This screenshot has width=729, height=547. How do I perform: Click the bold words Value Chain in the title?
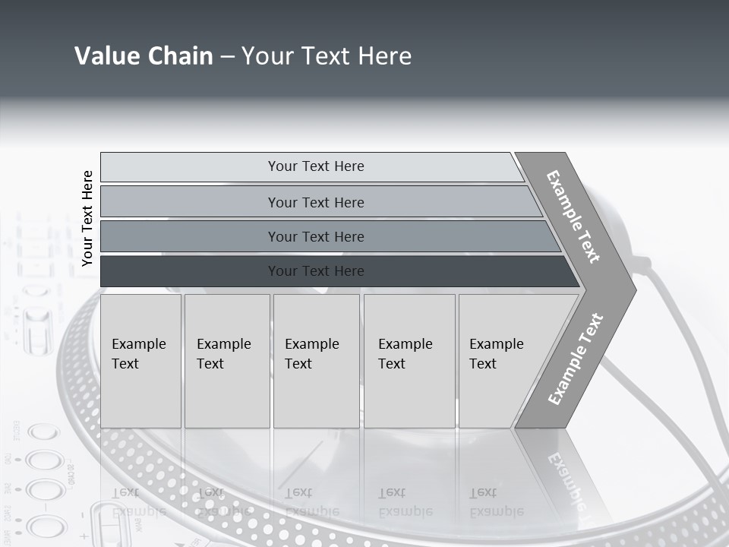[144, 56]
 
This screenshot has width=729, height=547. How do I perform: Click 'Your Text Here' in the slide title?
[327, 56]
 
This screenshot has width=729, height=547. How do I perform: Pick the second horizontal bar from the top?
[190, 202]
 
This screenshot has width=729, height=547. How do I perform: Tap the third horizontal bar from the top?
[190, 237]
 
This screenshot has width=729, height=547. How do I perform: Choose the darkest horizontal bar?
[190, 271]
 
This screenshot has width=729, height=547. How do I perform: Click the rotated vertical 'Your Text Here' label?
[87, 218]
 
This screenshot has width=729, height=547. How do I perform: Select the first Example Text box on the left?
[140, 361]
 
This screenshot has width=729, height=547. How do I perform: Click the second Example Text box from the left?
[227, 361]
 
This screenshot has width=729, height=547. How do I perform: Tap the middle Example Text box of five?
[316, 361]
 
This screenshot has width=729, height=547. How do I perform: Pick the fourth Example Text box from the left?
[409, 361]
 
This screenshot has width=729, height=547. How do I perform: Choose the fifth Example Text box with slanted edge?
[501, 361]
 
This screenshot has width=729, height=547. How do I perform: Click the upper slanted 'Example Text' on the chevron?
[573, 217]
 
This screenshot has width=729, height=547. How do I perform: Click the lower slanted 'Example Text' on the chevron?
[575, 359]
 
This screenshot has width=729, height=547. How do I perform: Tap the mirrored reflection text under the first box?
[139, 501]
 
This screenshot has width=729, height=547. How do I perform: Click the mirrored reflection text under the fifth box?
[497, 501]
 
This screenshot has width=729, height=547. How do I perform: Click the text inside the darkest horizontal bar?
[316, 271]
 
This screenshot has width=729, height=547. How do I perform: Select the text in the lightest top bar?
[316, 166]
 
